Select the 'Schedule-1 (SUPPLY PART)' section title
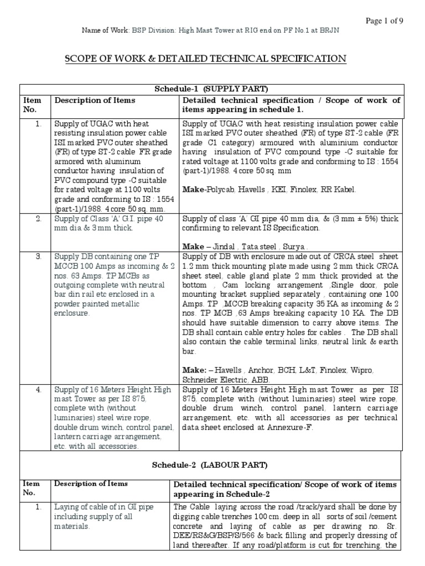pyautogui.click(x=213, y=89)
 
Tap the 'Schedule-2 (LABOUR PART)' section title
pyautogui.click(x=212, y=466)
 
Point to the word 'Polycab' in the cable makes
pyautogui.click(x=219, y=190)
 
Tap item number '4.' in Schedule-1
pyautogui.click(x=39, y=390)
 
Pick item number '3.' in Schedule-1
pyautogui.click(x=39, y=256)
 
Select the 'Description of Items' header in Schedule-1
pyautogui.click(x=95, y=100)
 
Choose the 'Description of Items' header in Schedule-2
pyautogui.click(x=91, y=484)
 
